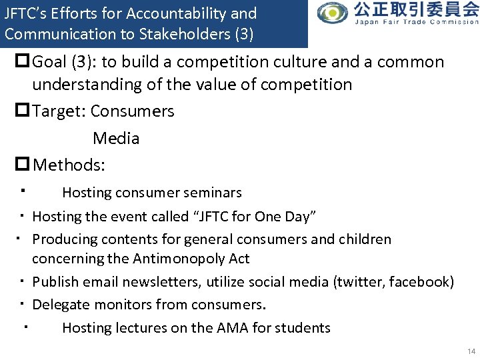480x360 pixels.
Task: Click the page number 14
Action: [x=471, y=351]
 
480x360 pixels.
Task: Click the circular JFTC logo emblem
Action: [x=332, y=13]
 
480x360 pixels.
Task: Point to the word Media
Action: [x=116, y=139]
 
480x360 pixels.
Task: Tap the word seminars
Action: [x=212, y=193]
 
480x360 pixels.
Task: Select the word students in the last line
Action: [x=303, y=328]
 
